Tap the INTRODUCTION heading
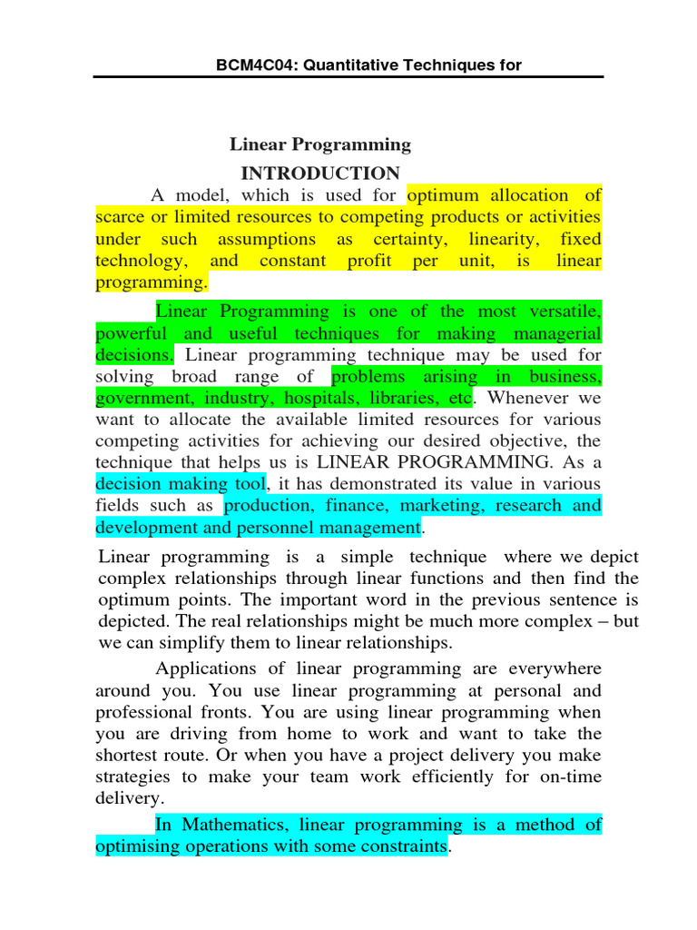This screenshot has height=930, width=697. (x=319, y=173)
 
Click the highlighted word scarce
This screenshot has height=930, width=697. (x=121, y=217)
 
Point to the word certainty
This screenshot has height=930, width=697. (x=399, y=239)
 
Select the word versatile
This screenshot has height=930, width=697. (x=562, y=312)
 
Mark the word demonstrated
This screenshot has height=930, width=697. (x=381, y=483)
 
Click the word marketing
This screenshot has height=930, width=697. (x=413, y=505)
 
